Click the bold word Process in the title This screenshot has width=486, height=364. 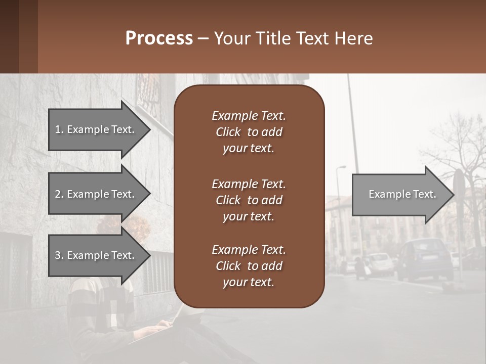(159, 38)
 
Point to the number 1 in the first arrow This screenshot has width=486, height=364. (58, 129)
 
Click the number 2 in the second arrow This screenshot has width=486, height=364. (58, 194)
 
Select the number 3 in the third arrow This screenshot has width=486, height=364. (58, 255)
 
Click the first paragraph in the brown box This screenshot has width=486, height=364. (249, 132)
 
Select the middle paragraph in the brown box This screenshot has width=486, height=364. (249, 200)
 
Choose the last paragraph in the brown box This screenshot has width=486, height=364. (249, 266)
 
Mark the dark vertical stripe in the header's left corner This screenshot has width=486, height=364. (9, 36)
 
